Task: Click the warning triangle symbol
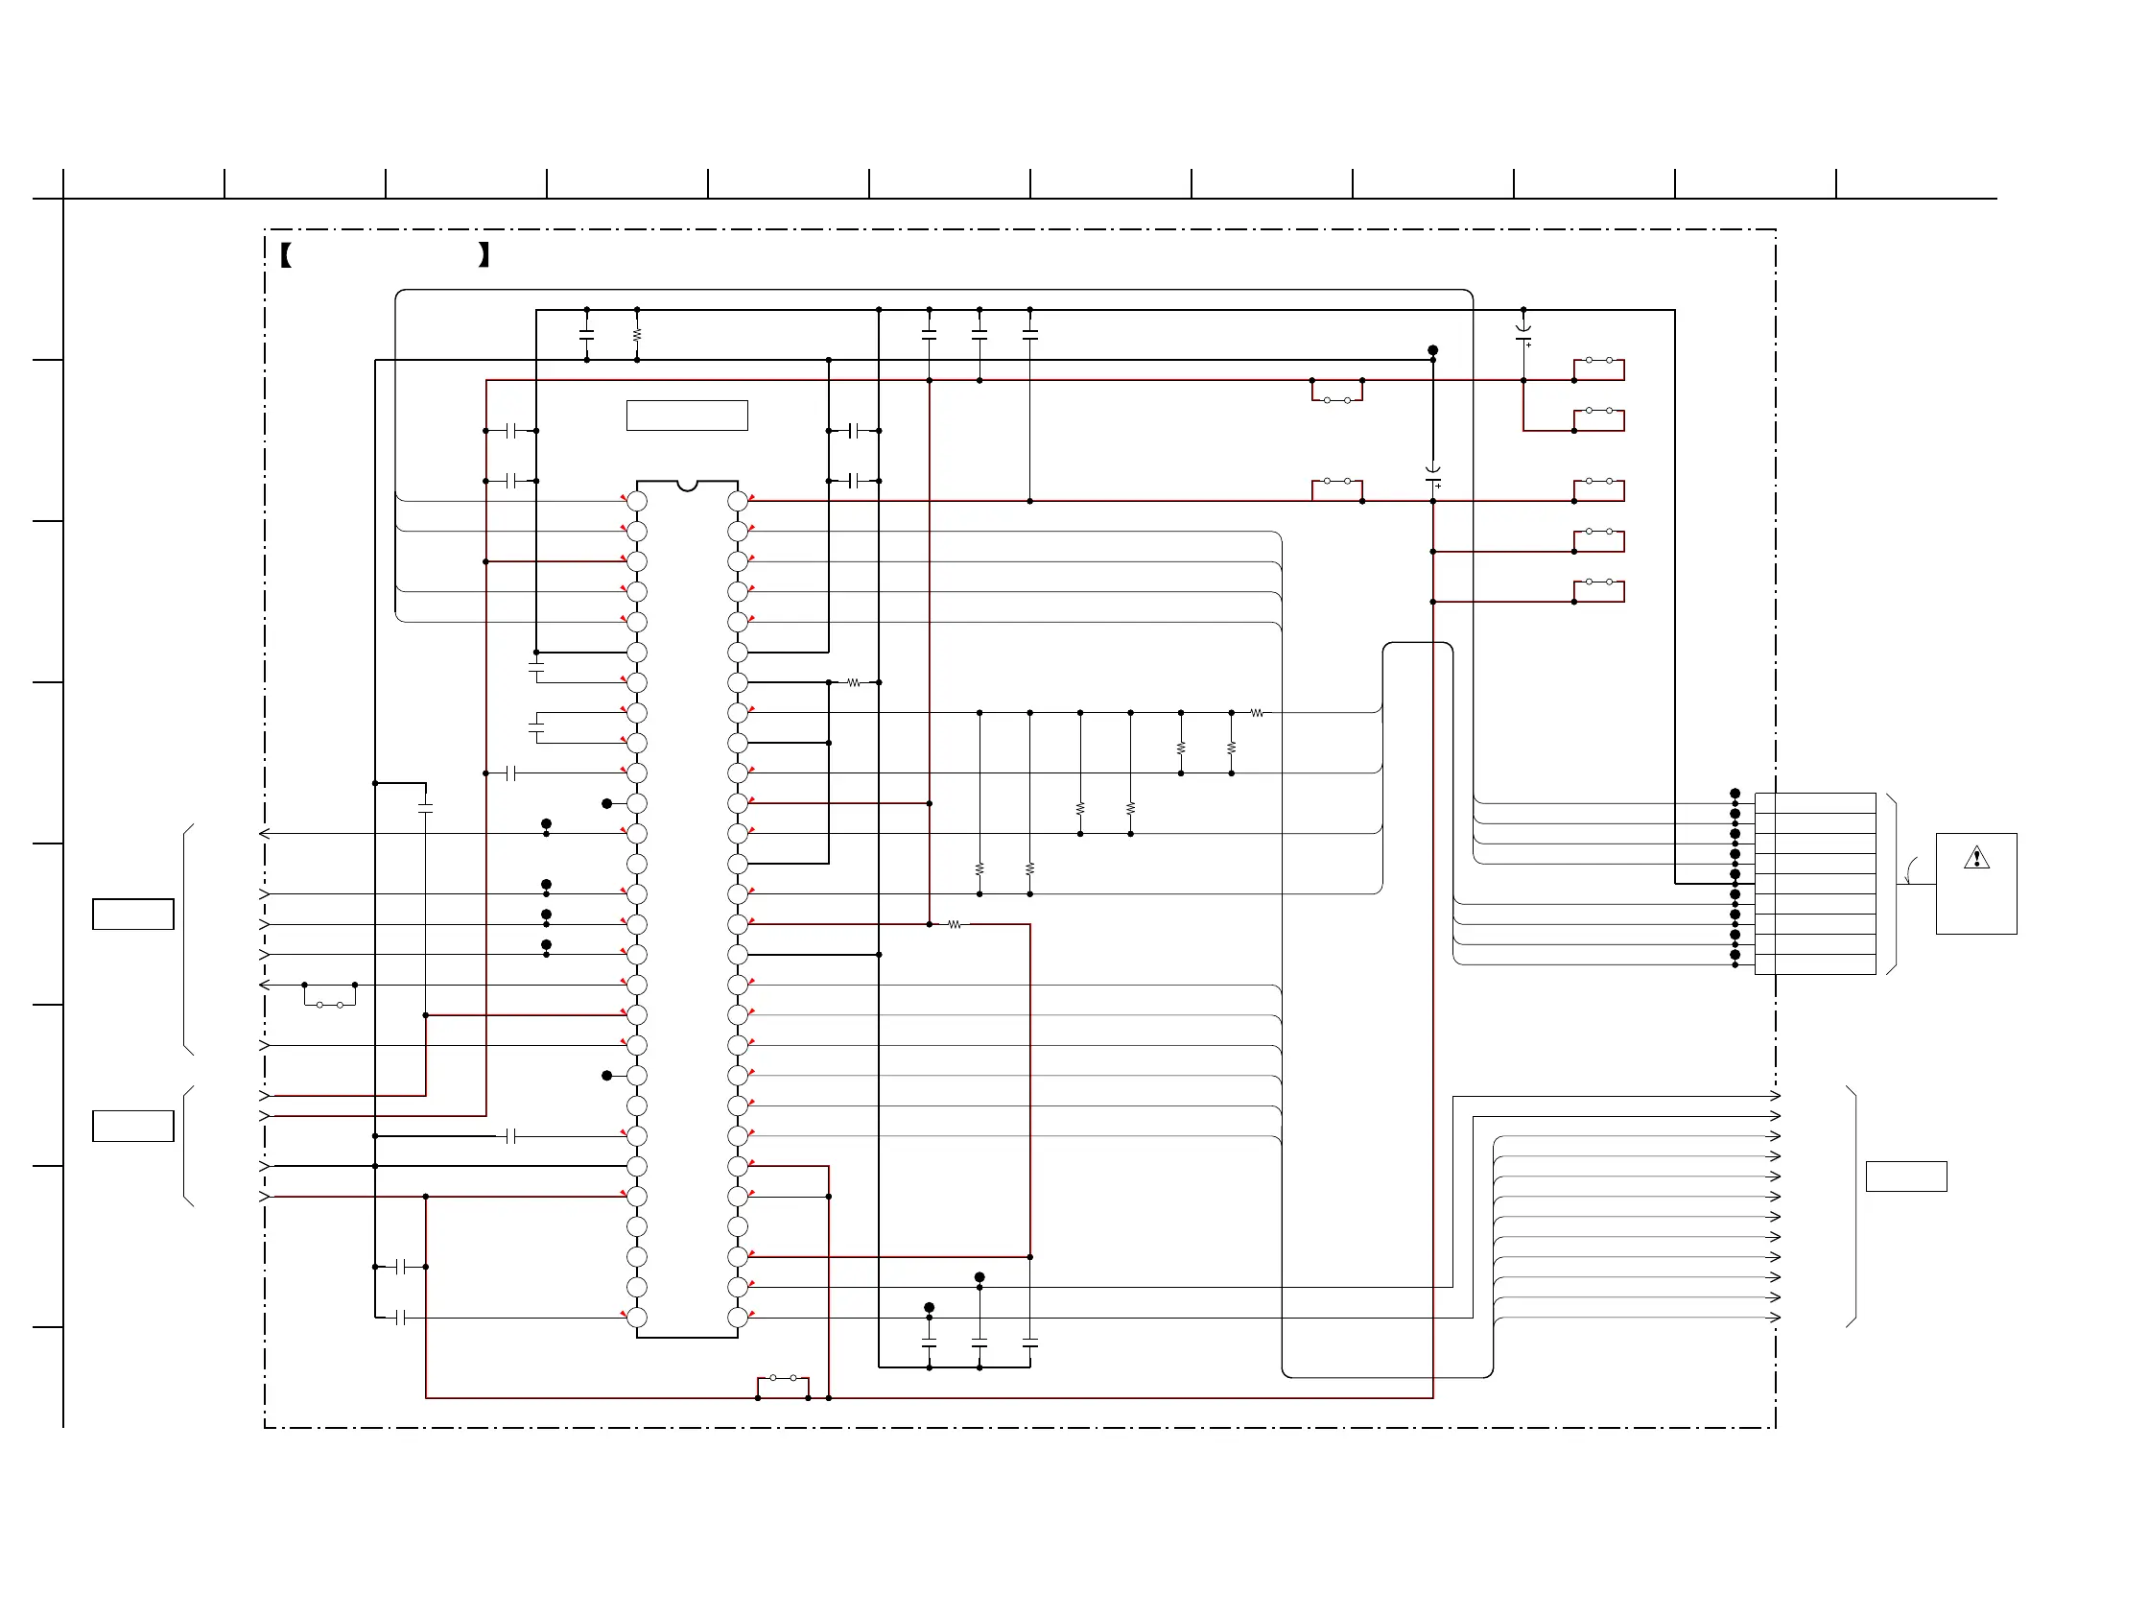click(1976, 858)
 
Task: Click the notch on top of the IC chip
click(688, 485)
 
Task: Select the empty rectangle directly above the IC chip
click(688, 415)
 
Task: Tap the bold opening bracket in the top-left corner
click(286, 255)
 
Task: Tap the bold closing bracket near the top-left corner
click(484, 255)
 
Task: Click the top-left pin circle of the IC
click(637, 501)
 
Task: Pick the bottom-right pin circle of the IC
click(738, 1318)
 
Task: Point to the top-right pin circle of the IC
click(738, 501)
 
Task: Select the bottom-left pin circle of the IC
click(637, 1318)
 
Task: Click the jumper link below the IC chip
click(783, 1379)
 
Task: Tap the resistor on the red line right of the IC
click(955, 924)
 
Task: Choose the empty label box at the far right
click(1906, 1176)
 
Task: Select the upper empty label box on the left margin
click(133, 914)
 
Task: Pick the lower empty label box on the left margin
click(133, 1126)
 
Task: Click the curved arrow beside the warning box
click(1910, 869)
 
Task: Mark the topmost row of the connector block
click(1815, 803)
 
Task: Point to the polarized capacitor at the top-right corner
click(1523, 333)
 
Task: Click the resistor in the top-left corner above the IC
click(637, 334)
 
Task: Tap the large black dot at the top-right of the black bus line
click(1432, 349)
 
